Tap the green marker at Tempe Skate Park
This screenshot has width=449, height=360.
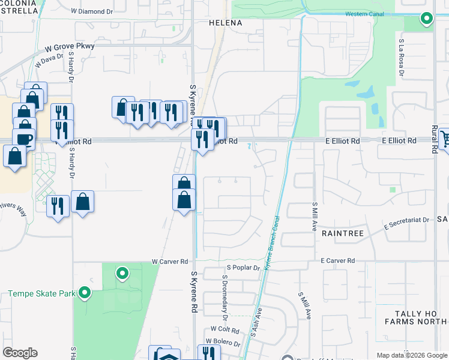(85, 293)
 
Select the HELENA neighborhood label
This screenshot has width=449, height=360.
(225, 23)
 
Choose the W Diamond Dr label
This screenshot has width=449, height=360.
(92, 11)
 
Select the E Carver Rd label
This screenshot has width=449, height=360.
(338, 261)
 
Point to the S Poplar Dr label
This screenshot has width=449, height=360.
(243, 268)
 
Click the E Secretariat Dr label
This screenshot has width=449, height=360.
(407, 220)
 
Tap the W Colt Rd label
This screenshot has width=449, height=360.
(224, 330)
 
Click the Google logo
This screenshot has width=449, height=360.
(20, 353)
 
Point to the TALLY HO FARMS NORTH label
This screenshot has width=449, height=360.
(414, 317)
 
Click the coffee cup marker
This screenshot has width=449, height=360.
(25, 139)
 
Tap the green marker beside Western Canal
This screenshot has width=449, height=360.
(426, 19)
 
